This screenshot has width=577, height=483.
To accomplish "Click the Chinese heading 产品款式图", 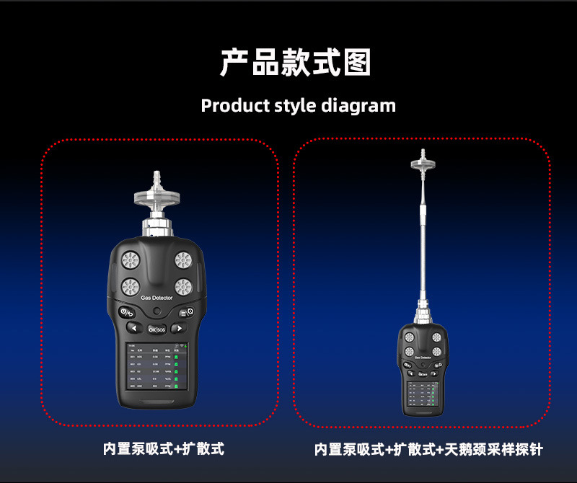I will pos(295,63).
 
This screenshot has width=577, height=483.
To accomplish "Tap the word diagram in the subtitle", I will pos(358,105).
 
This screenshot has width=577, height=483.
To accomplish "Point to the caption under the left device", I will pos(163,448).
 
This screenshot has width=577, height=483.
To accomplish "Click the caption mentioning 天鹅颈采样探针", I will pos(428,449).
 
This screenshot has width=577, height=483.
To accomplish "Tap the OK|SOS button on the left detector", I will pos(157,329).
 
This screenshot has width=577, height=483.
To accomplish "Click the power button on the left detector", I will pos(126,313).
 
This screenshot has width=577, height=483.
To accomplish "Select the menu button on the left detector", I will pos(187,313).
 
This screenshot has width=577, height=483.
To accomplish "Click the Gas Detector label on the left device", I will pos(157,298).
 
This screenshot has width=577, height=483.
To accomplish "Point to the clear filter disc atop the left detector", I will pos(156,195).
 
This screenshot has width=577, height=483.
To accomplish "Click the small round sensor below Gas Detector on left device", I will pos(157,311).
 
